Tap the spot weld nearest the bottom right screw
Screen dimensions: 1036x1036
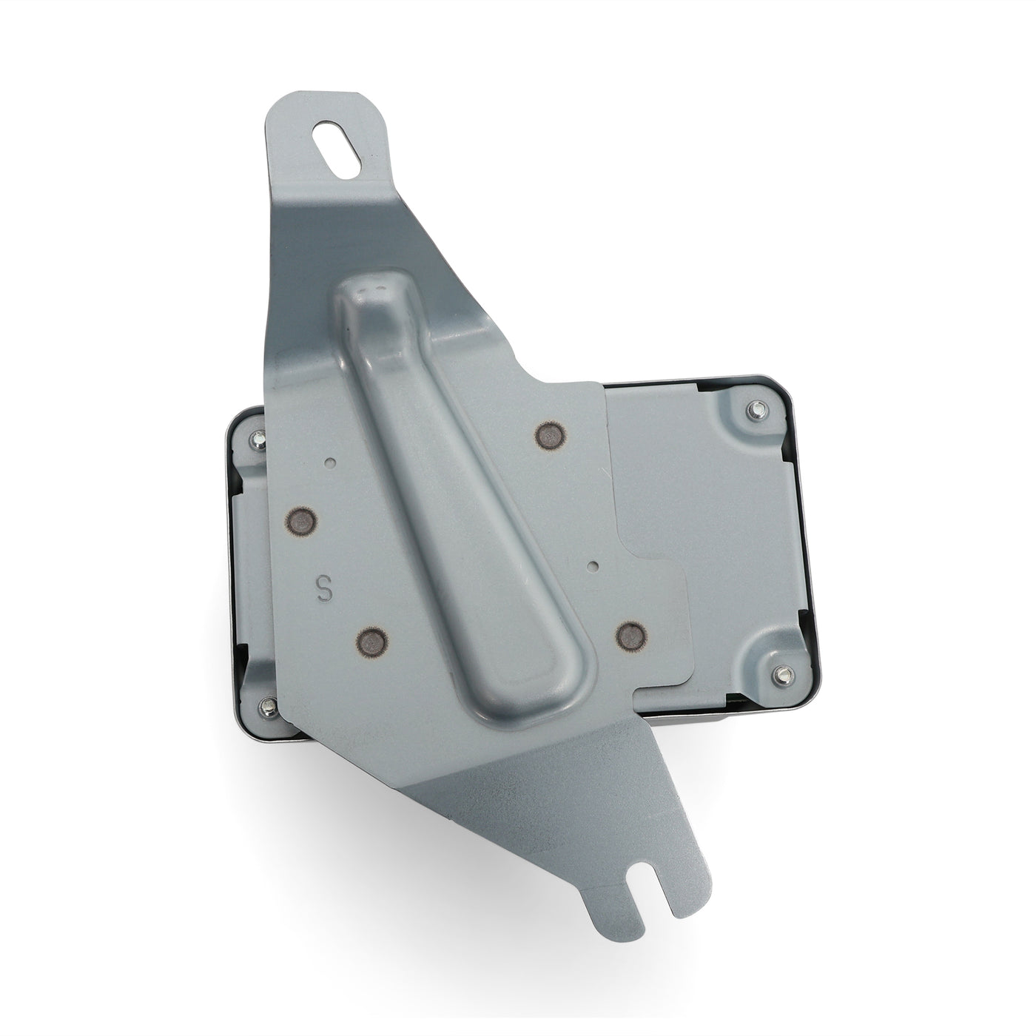(x=632, y=633)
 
